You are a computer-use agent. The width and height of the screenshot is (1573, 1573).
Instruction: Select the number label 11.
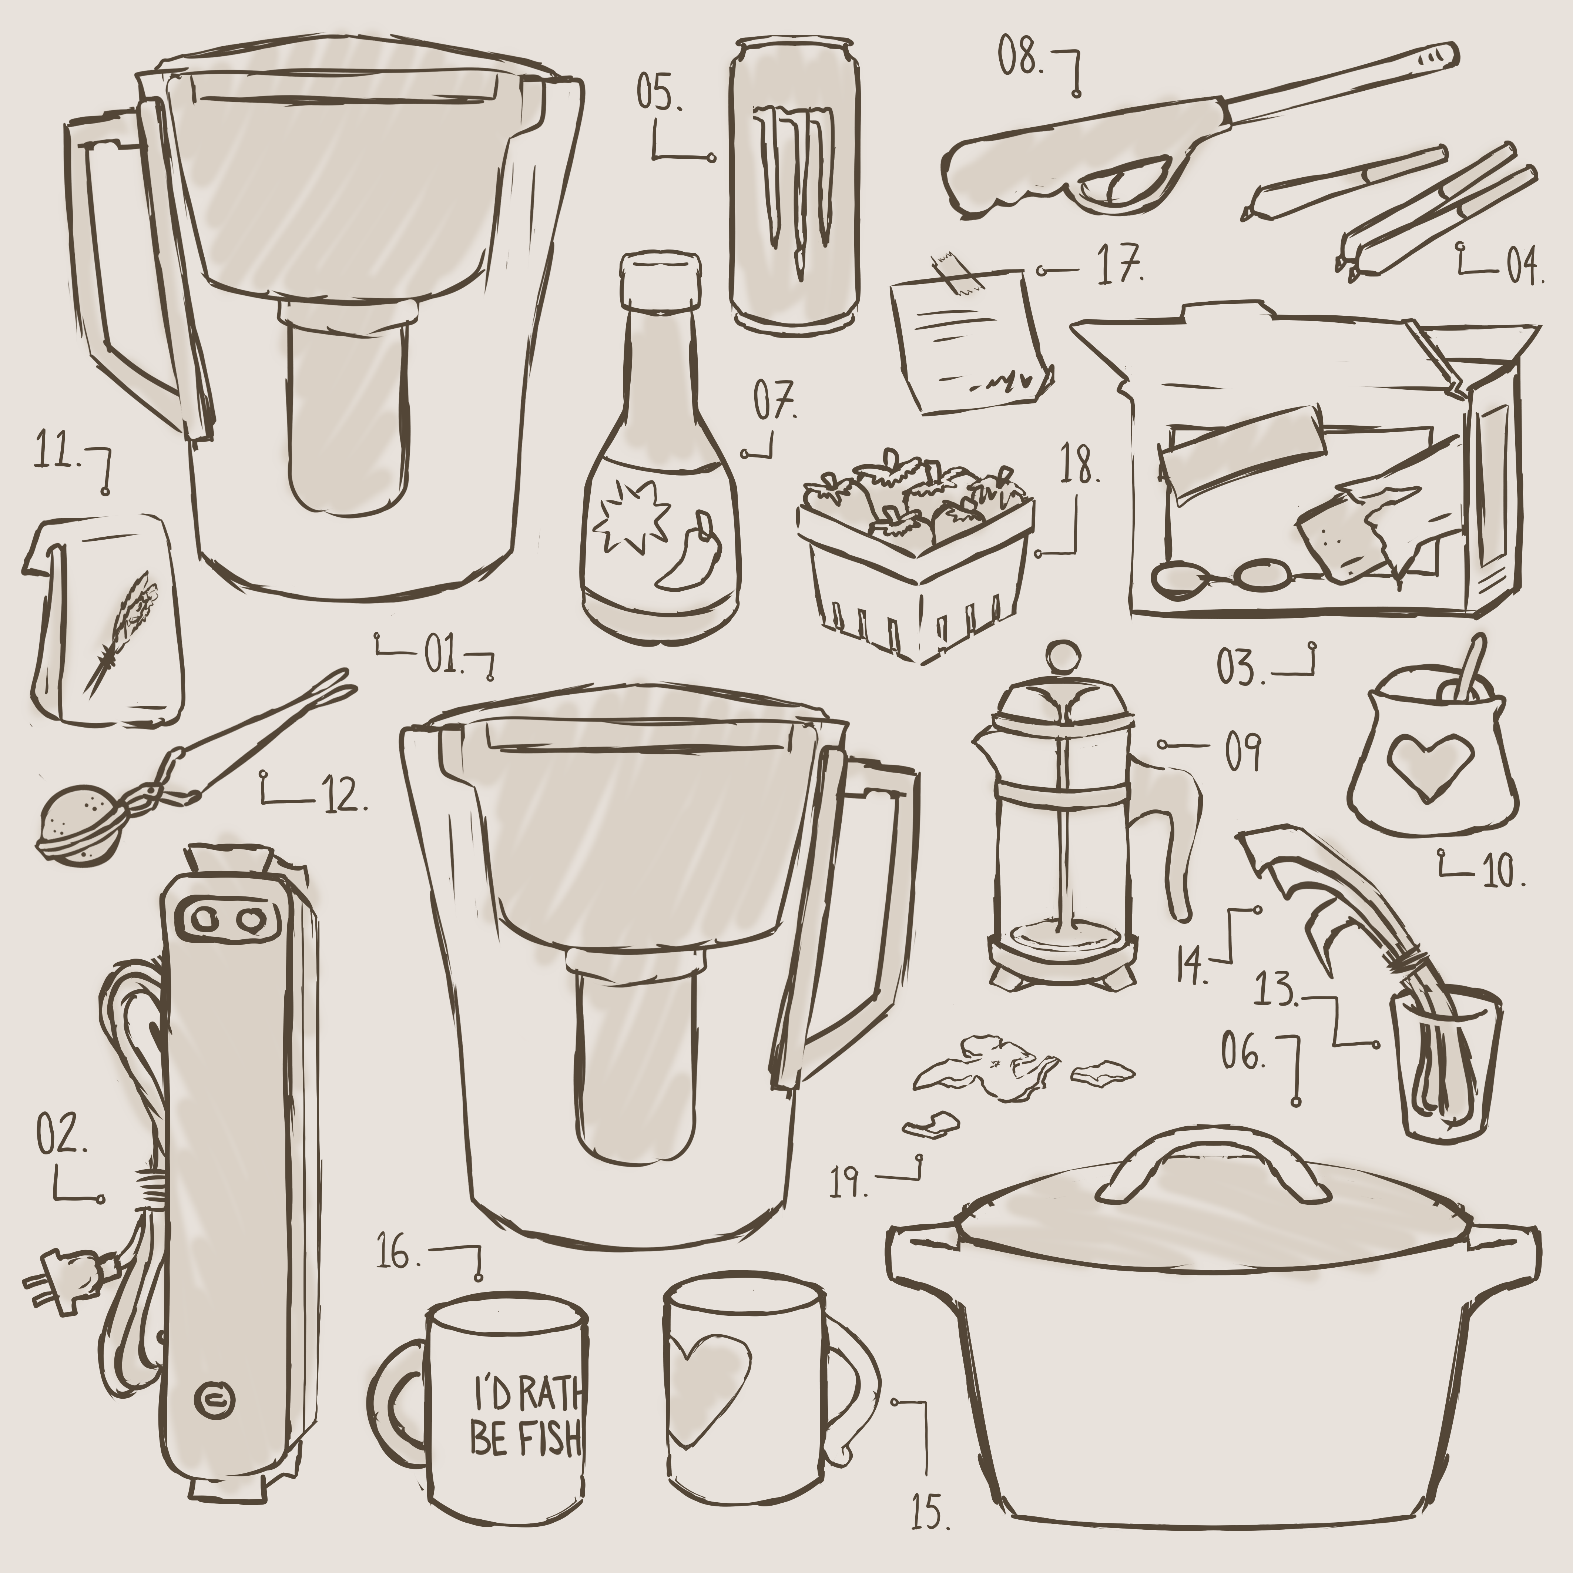point(56,453)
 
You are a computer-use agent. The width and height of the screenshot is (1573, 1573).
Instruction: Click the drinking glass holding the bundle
point(1447,1063)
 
